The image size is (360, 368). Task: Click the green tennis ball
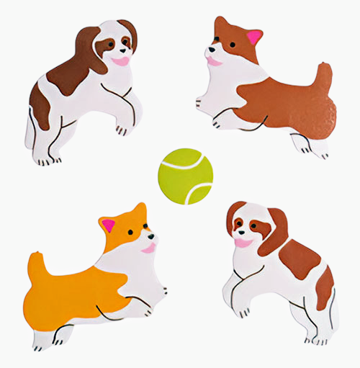185,176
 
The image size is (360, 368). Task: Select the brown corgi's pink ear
253,37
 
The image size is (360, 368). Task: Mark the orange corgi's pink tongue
148,248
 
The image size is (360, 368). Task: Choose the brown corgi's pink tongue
215,62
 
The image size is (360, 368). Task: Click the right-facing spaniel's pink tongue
121,61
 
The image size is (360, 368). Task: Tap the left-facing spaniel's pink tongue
243,243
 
